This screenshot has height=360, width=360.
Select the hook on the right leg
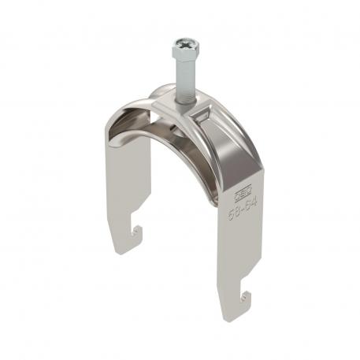pos(245,298)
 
